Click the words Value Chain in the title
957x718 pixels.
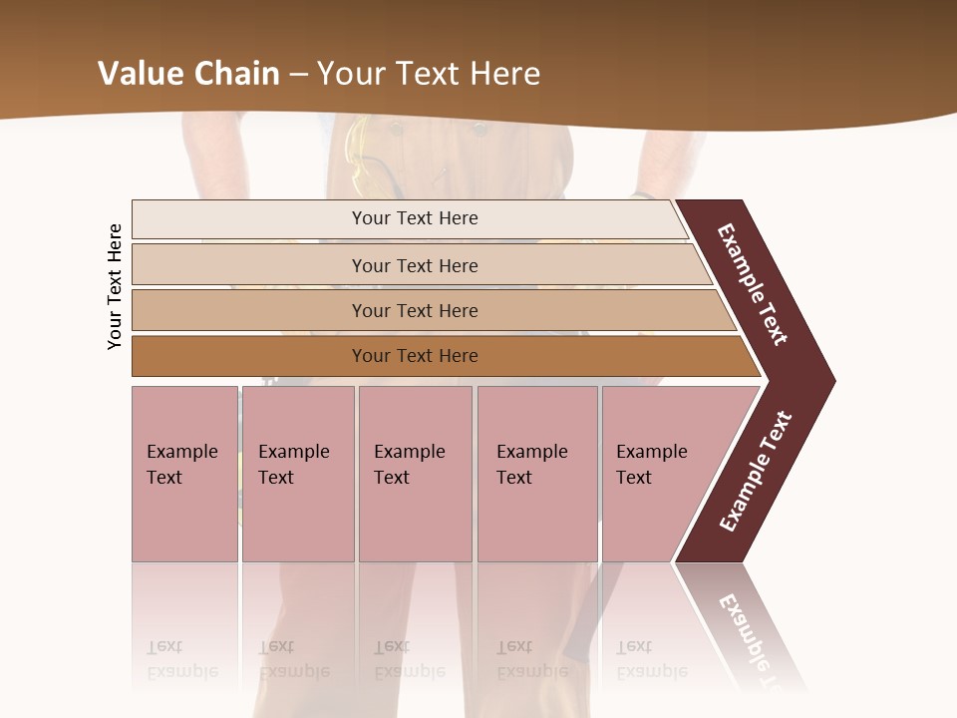188,73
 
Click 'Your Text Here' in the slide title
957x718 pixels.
429,73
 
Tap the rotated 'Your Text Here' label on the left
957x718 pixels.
115,286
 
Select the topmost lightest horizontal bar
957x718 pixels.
249,218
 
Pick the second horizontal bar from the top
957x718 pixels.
249,265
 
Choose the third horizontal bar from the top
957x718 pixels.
249,310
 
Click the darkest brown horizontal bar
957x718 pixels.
249,356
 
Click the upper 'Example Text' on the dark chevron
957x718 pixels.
753,284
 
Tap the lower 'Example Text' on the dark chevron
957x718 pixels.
756,471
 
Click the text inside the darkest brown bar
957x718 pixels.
415,356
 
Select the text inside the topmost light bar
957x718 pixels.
415,218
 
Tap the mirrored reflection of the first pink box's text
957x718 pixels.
181,659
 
